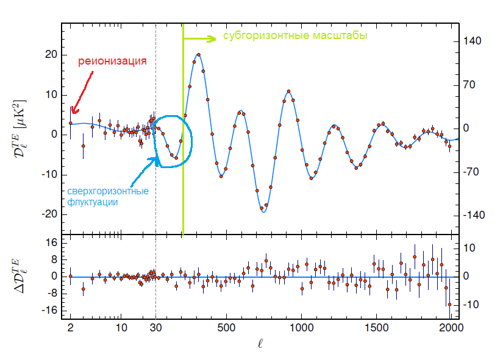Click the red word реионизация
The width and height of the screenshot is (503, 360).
(x=112, y=62)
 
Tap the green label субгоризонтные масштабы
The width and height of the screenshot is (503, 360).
(x=294, y=36)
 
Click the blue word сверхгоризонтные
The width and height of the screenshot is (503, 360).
(x=108, y=191)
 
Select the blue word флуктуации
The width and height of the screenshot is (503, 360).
(x=93, y=202)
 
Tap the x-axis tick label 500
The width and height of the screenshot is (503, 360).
(x=226, y=328)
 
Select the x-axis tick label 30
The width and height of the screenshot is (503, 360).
(x=155, y=328)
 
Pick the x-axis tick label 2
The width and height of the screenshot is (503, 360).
(x=71, y=328)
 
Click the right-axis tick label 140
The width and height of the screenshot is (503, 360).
(x=473, y=41)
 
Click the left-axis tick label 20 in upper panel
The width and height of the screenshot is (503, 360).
(x=50, y=54)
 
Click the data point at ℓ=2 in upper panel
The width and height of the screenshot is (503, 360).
(x=71, y=123)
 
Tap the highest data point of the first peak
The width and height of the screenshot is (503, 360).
(x=199, y=55)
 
